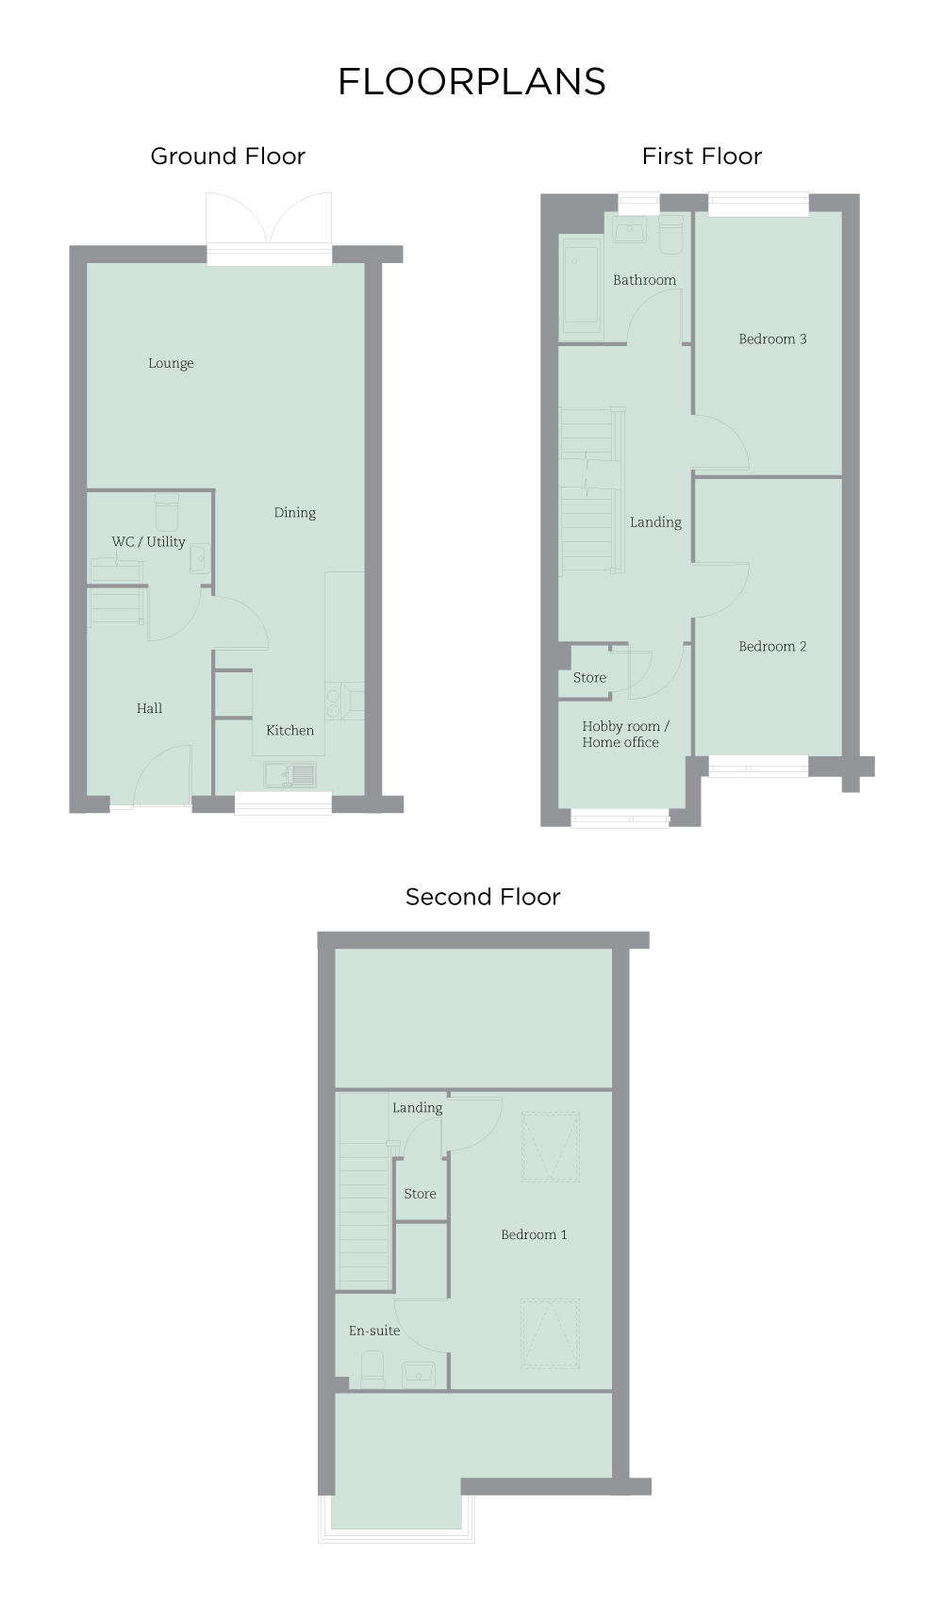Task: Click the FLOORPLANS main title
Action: tap(471, 82)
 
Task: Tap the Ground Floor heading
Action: tap(228, 157)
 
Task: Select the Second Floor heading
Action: tap(483, 897)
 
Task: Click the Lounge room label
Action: tap(171, 363)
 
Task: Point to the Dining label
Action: tap(295, 513)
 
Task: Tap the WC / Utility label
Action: tap(148, 542)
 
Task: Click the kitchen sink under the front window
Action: tap(290, 775)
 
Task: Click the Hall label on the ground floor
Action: tap(149, 708)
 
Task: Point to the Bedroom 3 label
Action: tap(772, 339)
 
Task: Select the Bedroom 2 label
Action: tap(772, 647)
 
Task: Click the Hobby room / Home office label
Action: tap(624, 735)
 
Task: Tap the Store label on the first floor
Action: tap(589, 678)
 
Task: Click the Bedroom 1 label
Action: tap(534, 1235)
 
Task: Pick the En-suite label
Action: tap(374, 1331)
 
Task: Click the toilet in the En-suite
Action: tap(372, 1369)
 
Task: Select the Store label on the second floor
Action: tap(420, 1194)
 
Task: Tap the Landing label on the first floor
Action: tap(655, 522)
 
